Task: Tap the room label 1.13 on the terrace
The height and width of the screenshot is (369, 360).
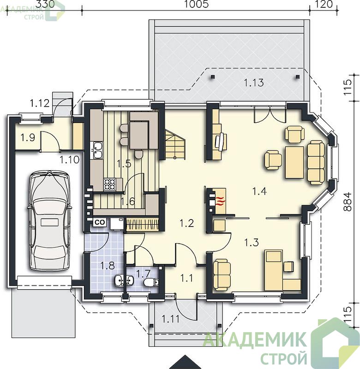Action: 253,83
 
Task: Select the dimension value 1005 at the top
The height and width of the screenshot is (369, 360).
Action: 196,4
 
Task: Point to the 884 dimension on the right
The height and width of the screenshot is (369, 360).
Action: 347,202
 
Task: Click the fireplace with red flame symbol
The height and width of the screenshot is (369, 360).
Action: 219,201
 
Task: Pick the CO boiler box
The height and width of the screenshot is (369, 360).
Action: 100,222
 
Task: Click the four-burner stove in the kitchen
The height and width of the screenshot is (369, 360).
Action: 110,184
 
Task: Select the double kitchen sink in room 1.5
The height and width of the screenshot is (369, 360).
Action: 97,150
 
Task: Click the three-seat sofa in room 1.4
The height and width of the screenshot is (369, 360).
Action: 316,162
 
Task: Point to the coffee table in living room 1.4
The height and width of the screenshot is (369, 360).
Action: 294,162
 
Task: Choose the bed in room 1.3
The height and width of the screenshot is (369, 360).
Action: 273,270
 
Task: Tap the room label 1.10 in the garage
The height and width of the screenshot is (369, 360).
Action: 69,160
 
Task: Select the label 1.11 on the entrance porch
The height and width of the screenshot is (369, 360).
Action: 170,319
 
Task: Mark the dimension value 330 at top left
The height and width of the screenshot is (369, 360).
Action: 45,4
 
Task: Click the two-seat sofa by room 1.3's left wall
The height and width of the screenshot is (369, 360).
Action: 222,275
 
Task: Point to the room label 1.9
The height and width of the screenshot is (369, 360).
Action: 28,137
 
